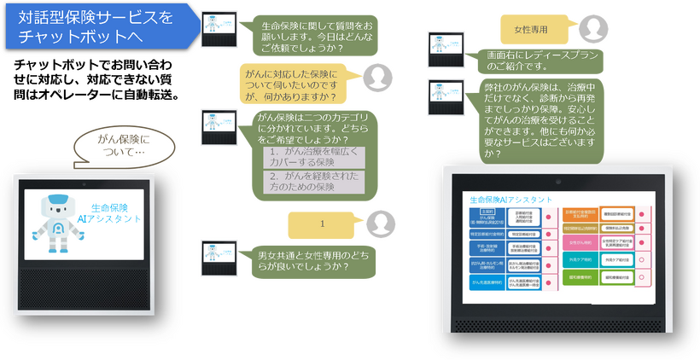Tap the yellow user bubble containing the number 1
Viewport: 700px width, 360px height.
pyautogui.click(x=322, y=224)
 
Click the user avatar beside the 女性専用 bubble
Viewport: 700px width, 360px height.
pyautogui.click(x=593, y=29)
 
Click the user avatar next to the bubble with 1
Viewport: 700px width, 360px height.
pyautogui.click(x=381, y=224)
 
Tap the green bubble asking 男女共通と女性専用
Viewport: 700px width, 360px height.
pyautogui.click(x=304, y=260)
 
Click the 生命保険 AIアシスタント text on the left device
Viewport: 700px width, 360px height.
pyautogui.click(x=116, y=213)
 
